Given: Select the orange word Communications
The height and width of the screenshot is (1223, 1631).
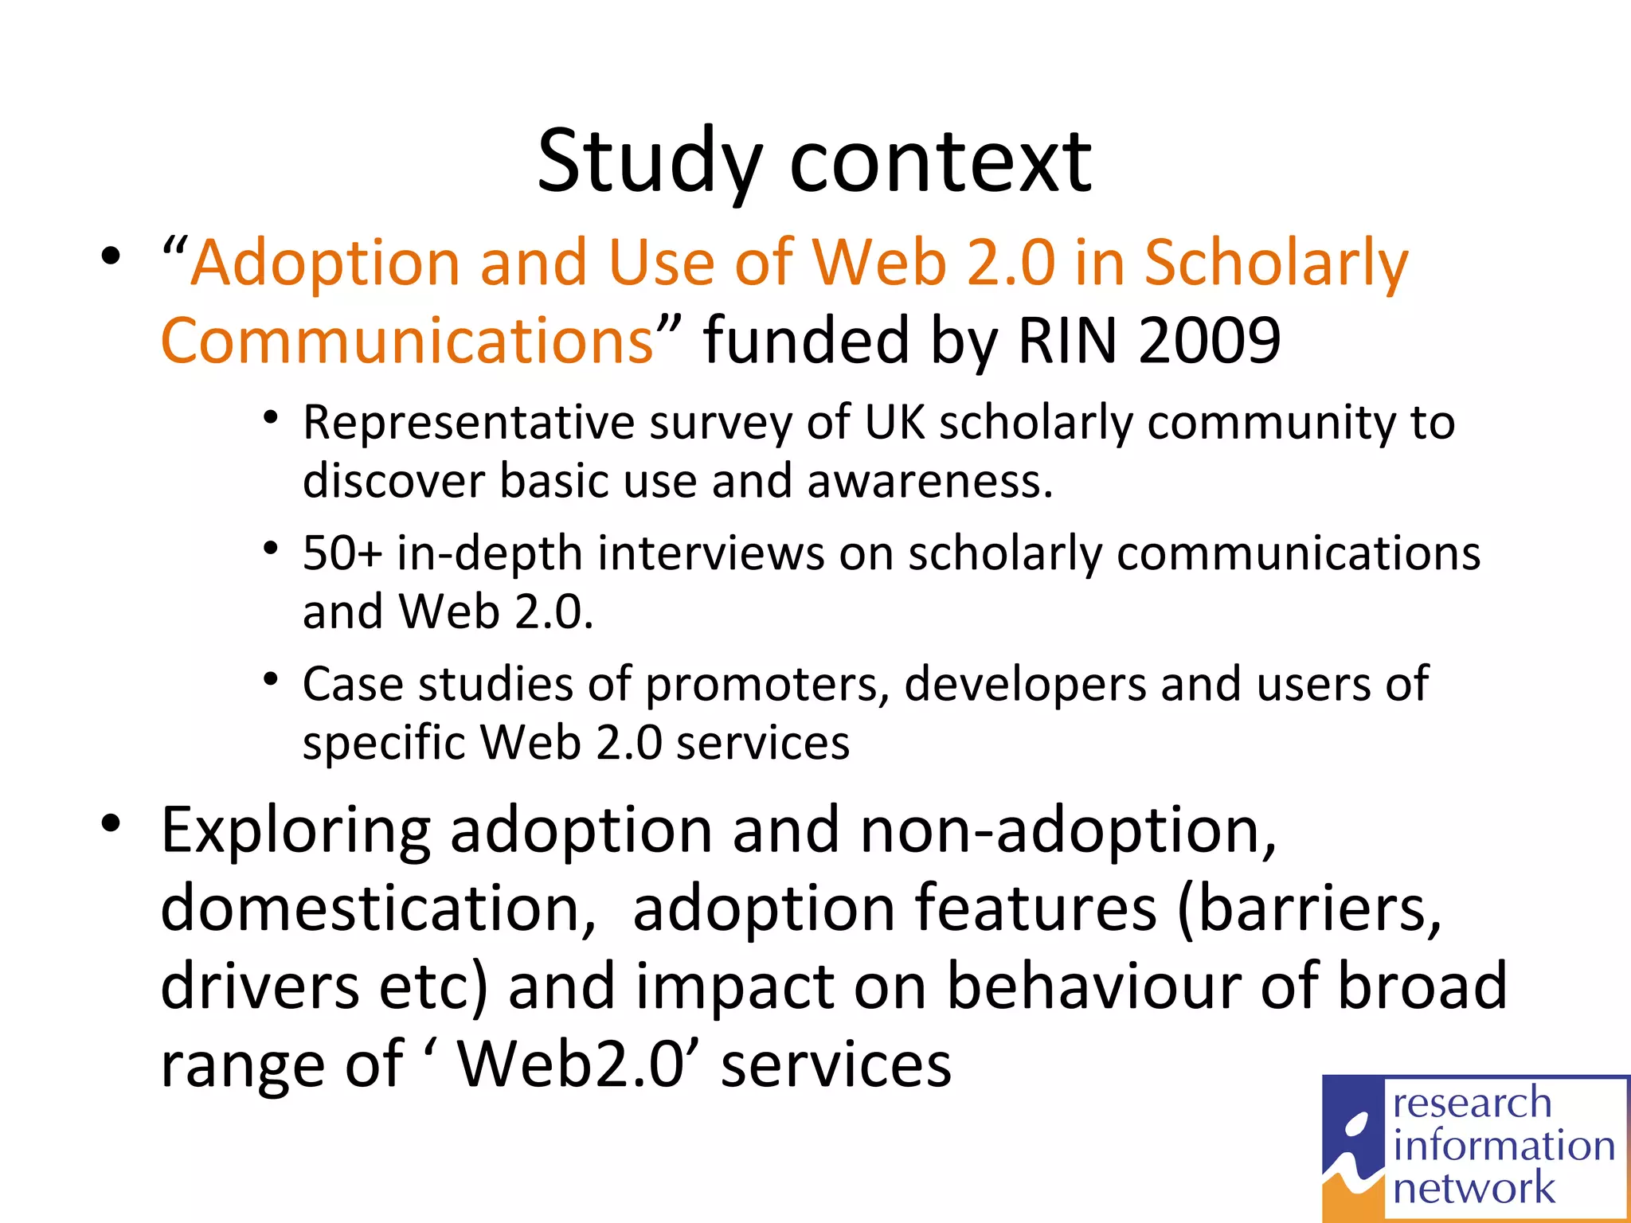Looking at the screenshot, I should click(407, 340).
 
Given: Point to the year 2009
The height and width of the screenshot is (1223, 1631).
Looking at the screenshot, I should click(1209, 340).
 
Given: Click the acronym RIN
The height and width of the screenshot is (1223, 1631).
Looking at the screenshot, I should click(1067, 340).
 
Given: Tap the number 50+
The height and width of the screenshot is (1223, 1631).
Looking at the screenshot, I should click(342, 553).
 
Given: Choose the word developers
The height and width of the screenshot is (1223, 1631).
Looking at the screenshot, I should click(1024, 685).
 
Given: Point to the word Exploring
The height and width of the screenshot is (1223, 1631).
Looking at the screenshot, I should click(295, 830).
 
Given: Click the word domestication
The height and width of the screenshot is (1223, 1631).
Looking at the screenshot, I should click(377, 908).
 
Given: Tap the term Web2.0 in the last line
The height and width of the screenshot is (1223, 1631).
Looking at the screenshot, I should click(570, 1065).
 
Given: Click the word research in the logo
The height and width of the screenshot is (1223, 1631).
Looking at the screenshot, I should click(1472, 1104).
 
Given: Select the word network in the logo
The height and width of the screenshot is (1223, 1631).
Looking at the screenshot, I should click(1473, 1188).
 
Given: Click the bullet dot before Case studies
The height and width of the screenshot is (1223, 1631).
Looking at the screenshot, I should click(271, 679).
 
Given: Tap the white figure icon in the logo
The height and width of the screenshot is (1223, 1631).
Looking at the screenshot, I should click(1354, 1147).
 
